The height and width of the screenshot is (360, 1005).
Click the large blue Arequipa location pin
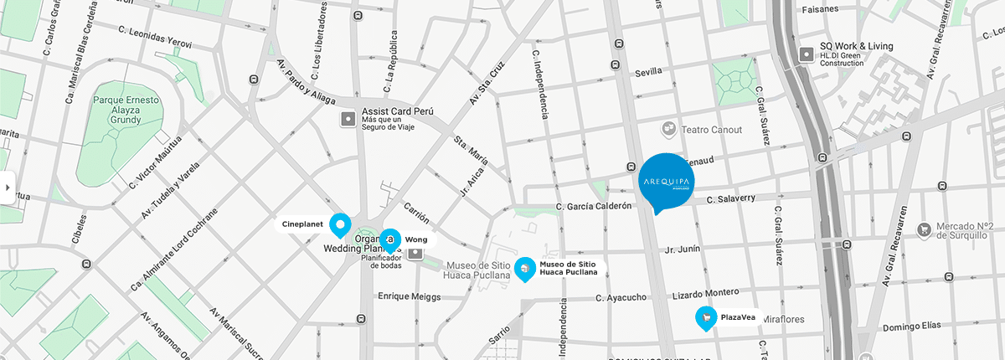click(667, 181)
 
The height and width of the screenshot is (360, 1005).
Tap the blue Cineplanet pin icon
click(339, 224)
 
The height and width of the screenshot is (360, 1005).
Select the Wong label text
click(416, 239)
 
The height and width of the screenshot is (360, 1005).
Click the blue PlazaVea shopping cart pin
click(707, 317)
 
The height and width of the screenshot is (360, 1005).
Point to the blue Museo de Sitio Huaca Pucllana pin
click(524, 268)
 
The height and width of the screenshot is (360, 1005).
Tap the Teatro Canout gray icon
click(669, 129)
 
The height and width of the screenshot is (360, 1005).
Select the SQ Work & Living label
click(856, 47)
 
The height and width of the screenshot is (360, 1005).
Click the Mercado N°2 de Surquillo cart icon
click(924, 229)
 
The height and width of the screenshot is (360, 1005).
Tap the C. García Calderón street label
click(593, 206)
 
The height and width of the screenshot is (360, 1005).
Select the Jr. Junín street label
click(682, 249)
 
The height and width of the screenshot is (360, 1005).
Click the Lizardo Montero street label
click(706, 293)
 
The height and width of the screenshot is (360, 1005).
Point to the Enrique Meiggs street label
click(409, 296)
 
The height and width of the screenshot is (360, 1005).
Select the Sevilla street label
click(649, 73)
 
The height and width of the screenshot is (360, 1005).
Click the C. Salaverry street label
click(731, 199)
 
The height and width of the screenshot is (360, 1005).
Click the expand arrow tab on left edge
click(8, 188)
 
